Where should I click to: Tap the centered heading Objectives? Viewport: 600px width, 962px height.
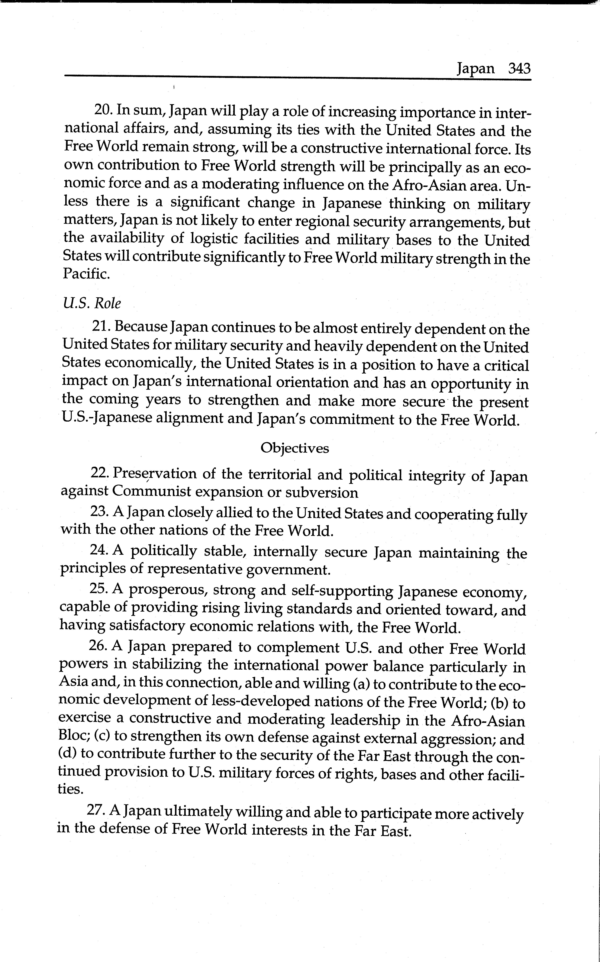pos(294,448)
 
